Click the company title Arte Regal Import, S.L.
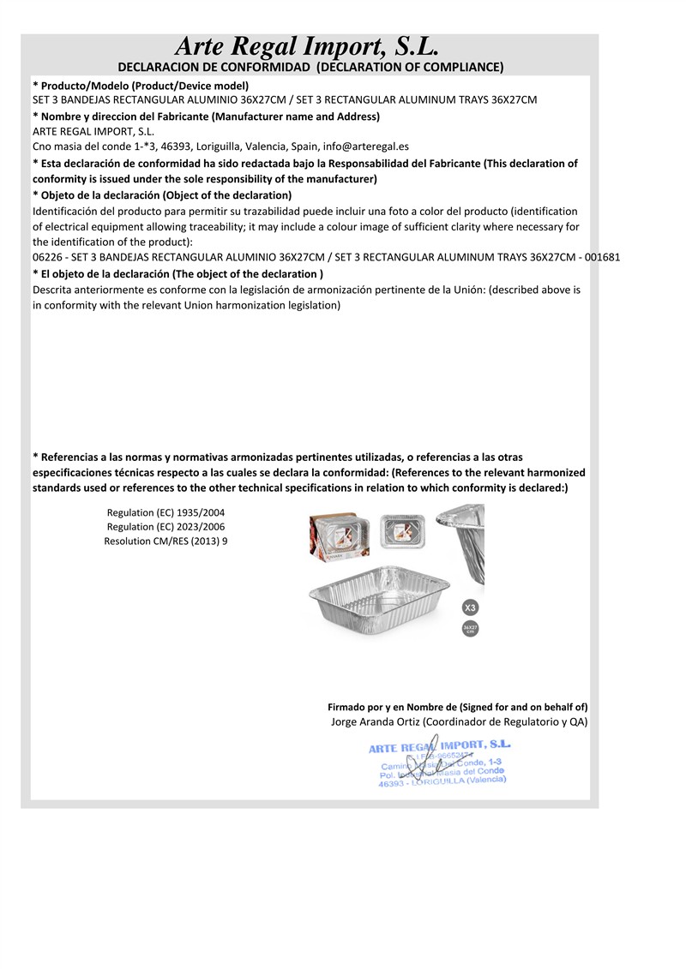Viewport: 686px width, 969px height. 306,45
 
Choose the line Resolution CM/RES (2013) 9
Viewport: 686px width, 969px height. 166,541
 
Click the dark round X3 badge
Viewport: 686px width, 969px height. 470,607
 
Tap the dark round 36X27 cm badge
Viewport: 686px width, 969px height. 470,630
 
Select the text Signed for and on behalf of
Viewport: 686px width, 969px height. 523,707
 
